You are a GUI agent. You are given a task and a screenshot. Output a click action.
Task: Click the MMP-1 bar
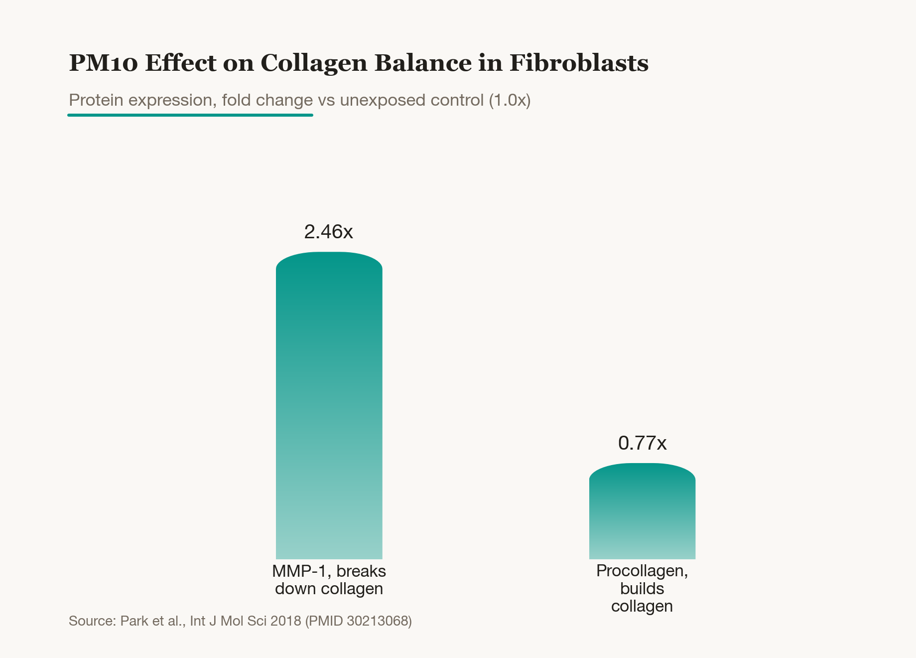(329, 405)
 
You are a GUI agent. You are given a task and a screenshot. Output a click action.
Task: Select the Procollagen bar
(642, 511)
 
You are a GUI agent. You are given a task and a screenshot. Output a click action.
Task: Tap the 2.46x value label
(329, 232)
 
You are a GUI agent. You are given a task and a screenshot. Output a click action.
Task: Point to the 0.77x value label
(642, 443)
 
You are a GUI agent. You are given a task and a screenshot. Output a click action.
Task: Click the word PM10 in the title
(103, 63)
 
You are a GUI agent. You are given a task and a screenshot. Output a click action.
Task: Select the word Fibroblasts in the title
(579, 63)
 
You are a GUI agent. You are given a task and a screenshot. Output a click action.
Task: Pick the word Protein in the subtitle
(96, 100)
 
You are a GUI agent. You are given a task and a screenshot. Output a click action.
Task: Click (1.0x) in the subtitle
(510, 100)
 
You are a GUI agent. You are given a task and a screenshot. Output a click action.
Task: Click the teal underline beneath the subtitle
(190, 115)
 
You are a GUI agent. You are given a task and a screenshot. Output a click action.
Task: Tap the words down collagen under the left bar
(329, 589)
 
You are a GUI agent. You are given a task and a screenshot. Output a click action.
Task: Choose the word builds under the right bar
(642, 589)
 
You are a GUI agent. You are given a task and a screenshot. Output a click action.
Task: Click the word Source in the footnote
(93, 621)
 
